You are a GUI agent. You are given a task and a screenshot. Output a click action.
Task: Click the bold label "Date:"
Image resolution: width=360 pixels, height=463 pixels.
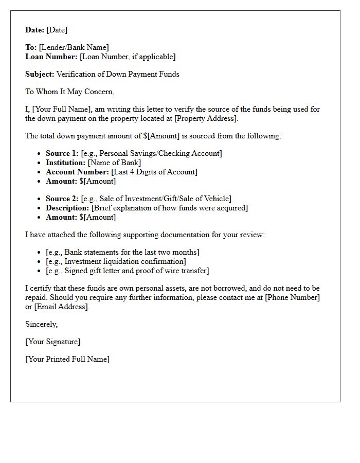click(x=35, y=30)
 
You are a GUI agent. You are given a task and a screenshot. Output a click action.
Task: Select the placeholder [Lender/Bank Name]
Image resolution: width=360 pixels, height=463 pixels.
click(x=74, y=47)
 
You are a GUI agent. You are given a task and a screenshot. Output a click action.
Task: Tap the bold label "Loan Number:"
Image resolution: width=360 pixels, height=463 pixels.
click(x=51, y=57)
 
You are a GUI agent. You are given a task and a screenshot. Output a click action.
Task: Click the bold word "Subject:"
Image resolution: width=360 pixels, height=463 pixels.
click(x=40, y=74)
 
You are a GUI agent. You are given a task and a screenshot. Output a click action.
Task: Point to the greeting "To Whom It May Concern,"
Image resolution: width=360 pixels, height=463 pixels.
click(x=69, y=92)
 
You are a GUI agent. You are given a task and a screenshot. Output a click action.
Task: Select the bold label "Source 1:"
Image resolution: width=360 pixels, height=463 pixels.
click(x=62, y=153)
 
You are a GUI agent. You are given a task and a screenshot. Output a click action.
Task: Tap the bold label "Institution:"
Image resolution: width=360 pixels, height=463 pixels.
click(x=66, y=163)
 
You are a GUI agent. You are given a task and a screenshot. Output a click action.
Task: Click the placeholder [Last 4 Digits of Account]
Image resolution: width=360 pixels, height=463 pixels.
click(x=154, y=172)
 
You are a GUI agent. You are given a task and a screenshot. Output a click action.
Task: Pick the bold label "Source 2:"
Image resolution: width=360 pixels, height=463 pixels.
click(x=62, y=199)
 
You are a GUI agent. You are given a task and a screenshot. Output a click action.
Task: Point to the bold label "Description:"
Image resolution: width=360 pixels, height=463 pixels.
click(x=67, y=208)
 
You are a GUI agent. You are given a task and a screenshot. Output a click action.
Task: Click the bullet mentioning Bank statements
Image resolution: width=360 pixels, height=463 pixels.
click(x=122, y=252)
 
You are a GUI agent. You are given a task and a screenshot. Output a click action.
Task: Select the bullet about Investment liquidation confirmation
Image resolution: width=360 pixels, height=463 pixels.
click(x=116, y=261)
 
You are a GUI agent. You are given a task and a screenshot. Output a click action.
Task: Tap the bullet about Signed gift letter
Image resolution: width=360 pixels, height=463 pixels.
click(x=127, y=271)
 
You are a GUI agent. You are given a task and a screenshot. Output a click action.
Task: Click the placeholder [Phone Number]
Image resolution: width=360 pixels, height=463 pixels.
click(x=292, y=297)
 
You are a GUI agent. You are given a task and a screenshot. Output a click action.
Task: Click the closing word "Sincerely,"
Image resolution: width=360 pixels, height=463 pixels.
click(x=42, y=324)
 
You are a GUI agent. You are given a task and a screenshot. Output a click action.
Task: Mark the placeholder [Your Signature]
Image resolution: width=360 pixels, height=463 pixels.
click(x=53, y=342)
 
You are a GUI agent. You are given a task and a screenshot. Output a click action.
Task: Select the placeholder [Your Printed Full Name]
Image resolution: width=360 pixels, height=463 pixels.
click(x=67, y=359)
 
